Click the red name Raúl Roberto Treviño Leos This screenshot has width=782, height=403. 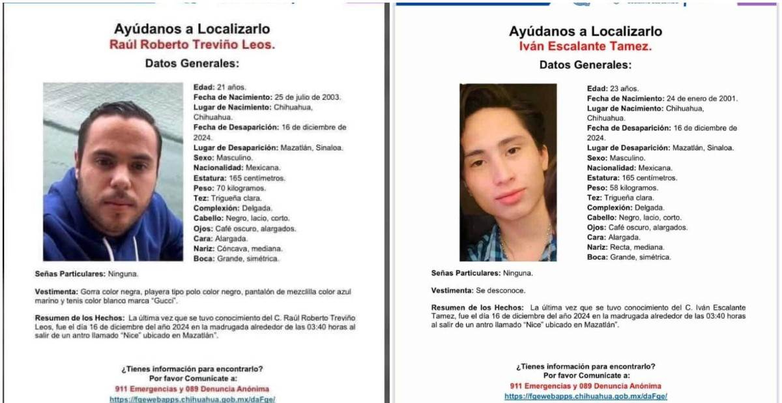(192, 45)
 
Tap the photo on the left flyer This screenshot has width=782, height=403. (113, 172)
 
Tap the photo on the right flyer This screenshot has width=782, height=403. (508, 172)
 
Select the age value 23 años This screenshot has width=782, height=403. (624, 88)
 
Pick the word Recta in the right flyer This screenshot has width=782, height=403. (622, 247)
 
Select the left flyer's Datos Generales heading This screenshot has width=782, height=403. (192, 63)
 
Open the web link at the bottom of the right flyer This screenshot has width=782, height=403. (585, 396)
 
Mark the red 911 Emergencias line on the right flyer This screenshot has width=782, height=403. (585, 386)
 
